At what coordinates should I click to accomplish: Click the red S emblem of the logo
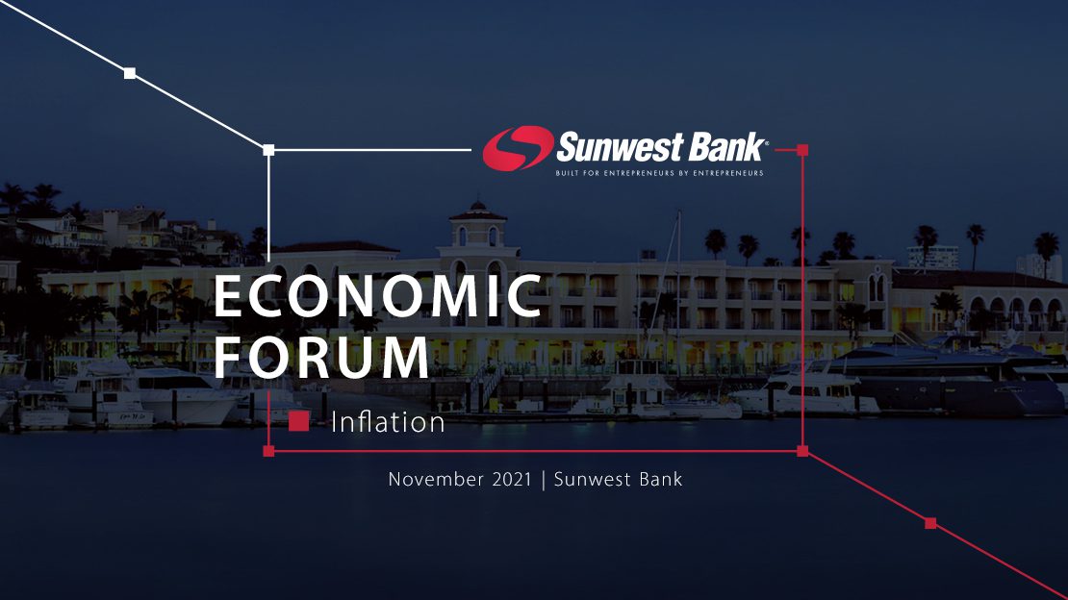pos(518,148)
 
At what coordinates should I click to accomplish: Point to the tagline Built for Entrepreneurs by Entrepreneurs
pos(659,173)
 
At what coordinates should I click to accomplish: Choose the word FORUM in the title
pos(321,357)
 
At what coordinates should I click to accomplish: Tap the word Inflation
pos(388,422)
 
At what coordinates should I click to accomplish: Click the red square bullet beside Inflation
pos(298,421)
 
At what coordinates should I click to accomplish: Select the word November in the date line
pos(435,480)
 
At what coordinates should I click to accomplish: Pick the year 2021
pos(512,480)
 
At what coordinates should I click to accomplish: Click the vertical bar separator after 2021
pos(543,480)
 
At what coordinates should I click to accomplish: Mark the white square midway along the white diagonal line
pos(130,73)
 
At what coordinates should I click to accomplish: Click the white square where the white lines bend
pos(268,150)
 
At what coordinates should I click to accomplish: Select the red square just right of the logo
pos(802,150)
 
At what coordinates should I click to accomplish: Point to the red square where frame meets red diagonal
pos(802,451)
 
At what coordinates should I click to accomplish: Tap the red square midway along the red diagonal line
pos(930,523)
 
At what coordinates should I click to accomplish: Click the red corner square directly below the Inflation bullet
pos(268,451)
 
